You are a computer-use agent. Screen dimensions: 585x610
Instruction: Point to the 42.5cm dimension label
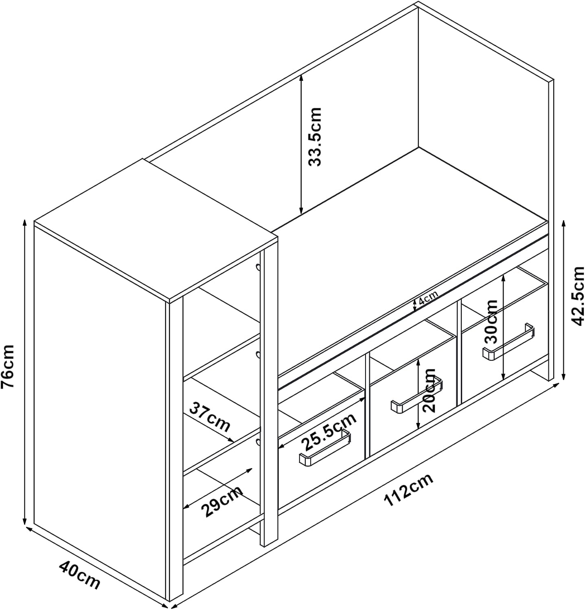(578, 296)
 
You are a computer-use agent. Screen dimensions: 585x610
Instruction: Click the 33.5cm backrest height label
(315, 137)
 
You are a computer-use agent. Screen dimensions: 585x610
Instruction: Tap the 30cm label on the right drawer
(492, 322)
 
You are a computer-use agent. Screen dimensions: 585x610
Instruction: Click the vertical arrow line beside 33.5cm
(301, 145)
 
